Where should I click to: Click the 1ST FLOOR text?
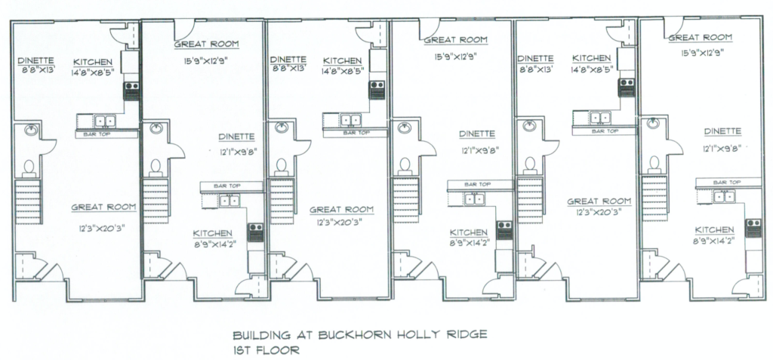coord(266,351)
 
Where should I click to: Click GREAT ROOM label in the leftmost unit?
coord(103,207)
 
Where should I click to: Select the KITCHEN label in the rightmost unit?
coord(714,229)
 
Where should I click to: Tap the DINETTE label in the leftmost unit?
coord(36,60)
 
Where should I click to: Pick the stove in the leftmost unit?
coord(131,91)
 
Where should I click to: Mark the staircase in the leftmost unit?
coord(28,202)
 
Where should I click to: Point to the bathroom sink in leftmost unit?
coord(31,131)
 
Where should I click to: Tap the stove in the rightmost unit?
coord(753,229)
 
